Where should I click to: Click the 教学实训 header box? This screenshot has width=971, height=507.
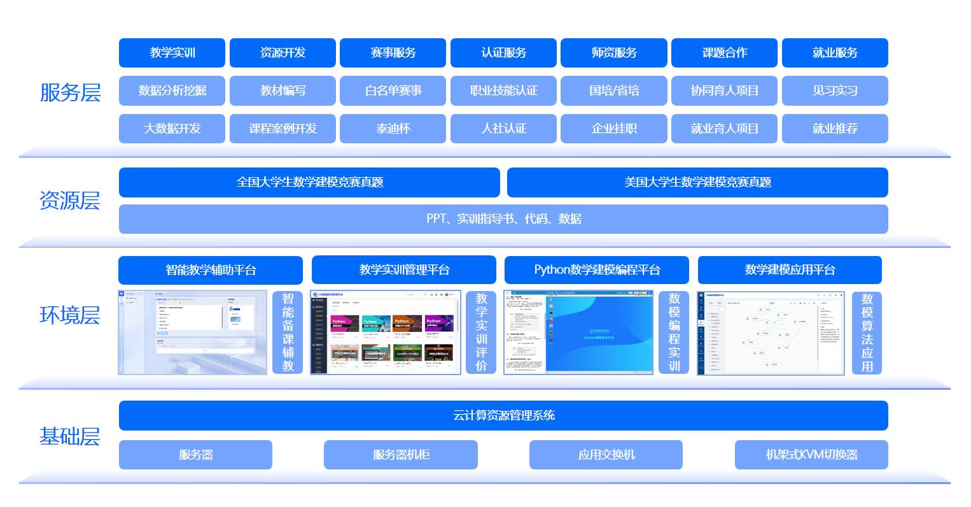click(172, 53)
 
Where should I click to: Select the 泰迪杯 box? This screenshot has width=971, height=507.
click(393, 129)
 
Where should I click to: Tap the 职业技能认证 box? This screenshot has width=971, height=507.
click(503, 91)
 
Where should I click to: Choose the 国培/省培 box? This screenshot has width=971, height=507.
click(613, 91)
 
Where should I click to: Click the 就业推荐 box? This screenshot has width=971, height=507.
click(835, 129)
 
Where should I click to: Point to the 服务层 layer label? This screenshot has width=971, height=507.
click(70, 92)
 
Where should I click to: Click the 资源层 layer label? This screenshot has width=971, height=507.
click(70, 201)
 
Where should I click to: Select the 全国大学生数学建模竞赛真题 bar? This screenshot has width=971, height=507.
click(309, 182)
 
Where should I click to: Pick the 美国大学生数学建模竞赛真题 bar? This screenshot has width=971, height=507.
click(697, 182)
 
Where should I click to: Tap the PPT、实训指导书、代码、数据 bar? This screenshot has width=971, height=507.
click(503, 219)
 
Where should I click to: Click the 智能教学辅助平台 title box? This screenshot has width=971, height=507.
click(211, 270)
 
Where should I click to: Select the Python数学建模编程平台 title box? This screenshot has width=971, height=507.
click(597, 270)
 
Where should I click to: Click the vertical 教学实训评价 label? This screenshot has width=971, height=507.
click(481, 332)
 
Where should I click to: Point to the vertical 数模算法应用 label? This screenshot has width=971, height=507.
click(867, 332)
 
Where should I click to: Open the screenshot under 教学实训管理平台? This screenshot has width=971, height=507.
click(385, 332)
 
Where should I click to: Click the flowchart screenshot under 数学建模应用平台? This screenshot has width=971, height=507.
click(770, 332)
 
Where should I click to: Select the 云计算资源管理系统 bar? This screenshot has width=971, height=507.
click(503, 415)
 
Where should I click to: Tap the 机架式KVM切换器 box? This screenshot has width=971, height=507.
click(811, 455)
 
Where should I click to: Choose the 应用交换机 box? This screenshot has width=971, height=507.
click(606, 455)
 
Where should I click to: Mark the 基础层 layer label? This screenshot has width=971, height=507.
click(70, 436)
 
